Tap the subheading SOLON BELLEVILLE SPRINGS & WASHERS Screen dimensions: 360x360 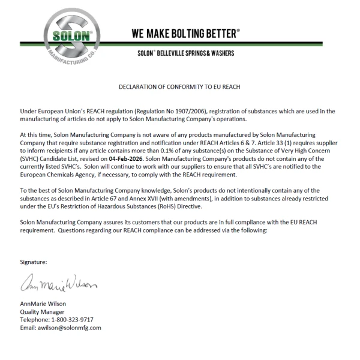[x=185, y=53]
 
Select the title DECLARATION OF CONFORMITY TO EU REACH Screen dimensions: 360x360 [x=179, y=87]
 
